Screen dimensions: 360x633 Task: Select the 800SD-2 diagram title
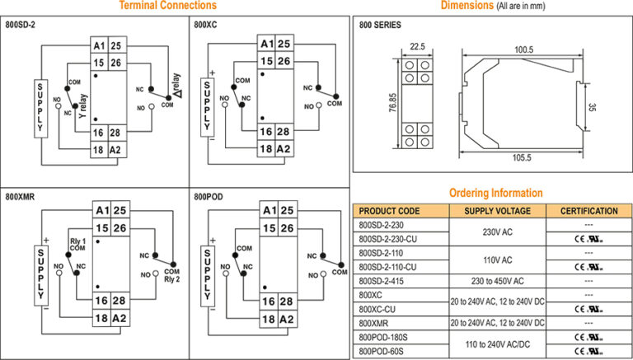coord(21,26)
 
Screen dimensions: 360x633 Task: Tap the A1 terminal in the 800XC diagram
coord(265,44)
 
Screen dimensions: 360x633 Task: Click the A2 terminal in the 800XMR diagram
coord(120,319)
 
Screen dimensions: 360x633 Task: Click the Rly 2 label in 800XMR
coord(172,280)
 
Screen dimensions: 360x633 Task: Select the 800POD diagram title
coord(209,198)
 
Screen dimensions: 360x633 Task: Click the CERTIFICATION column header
coord(589,211)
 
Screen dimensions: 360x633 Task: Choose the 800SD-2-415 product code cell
coord(387,280)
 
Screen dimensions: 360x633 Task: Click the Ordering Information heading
coord(495,193)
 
